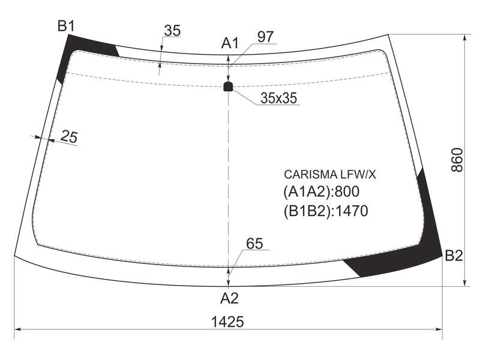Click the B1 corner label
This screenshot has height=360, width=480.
(66, 26)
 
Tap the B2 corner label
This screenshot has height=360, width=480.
(454, 256)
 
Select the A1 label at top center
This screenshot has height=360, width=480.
(230, 43)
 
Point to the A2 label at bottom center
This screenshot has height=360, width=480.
(229, 298)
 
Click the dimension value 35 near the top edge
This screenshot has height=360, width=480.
(172, 31)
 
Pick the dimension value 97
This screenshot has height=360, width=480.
(265, 37)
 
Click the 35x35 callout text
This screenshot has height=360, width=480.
(278, 98)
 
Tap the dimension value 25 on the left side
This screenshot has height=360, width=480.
(69, 137)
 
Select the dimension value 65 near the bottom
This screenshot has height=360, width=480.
(254, 244)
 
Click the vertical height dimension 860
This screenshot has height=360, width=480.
(457, 160)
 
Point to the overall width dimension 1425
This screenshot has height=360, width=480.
(227, 322)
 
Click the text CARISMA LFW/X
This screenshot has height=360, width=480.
(329, 175)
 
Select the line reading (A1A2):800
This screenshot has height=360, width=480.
(322, 192)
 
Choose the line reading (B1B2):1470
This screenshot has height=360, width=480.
(326, 211)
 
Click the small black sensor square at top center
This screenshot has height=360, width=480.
(228, 86)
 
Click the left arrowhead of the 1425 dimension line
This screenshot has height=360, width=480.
(18, 329)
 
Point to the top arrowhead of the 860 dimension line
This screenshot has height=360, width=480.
(465, 37)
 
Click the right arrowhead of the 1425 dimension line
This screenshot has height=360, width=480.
(439, 329)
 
